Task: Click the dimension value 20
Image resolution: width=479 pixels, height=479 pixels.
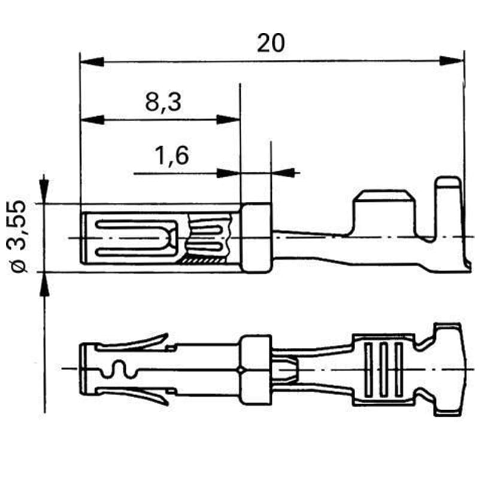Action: (x=271, y=43)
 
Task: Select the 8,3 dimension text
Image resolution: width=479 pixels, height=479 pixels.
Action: (x=163, y=102)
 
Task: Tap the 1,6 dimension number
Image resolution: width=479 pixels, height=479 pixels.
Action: (x=172, y=156)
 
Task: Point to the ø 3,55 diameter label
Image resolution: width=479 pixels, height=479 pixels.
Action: (x=17, y=236)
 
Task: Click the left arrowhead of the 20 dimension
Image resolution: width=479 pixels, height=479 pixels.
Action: (x=92, y=62)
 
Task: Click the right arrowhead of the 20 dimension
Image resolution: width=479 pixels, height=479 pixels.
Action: (x=451, y=60)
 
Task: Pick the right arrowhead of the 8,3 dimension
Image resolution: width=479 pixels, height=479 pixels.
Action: (x=228, y=119)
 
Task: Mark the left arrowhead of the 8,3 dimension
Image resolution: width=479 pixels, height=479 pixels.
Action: (x=92, y=120)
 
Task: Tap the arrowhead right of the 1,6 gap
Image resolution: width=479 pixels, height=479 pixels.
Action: (x=283, y=172)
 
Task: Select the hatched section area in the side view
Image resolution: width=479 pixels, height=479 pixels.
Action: (x=202, y=260)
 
